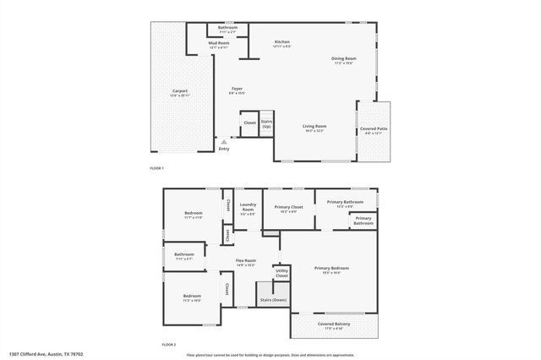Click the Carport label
point(179,92)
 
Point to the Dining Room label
point(343,60)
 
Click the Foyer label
point(238,90)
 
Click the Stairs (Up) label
point(266,123)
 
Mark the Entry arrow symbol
point(223,142)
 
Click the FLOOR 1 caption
point(157,168)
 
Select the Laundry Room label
point(248,208)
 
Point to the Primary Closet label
point(288,208)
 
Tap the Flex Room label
point(246,264)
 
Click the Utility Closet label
point(281,274)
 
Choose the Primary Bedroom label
point(331,270)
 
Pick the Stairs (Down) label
point(273,300)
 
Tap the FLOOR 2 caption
point(169,345)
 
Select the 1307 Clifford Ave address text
point(46,354)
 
